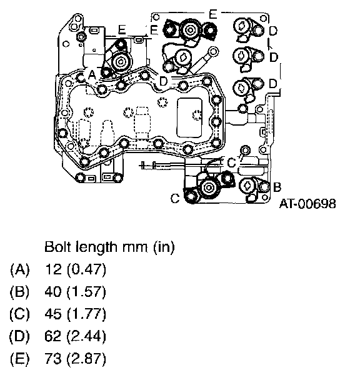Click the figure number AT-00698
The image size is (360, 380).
pyautogui.click(x=307, y=204)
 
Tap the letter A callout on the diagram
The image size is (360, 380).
pyautogui.click(x=92, y=75)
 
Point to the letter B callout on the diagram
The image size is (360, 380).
pyautogui.click(x=277, y=187)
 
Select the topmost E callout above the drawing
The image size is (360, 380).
pyautogui.click(x=212, y=14)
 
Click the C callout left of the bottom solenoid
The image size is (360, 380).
pyautogui.click(x=175, y=198)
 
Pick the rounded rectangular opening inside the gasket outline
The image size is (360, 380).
pyautogui.click(x=189, y=117)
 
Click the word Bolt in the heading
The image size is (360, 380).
pyautogui.click(x=57, y=247)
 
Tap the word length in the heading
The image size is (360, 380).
pyautogui.click(x=96, y=247)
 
